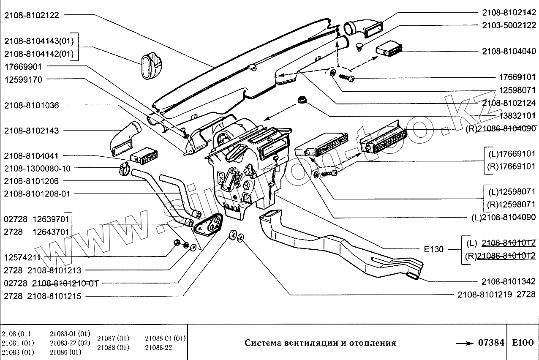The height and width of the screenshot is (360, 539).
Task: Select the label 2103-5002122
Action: tap(509, 25)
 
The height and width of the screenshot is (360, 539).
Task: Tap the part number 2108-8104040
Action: tap(509, 52)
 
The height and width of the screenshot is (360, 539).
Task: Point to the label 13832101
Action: tap(517, 116)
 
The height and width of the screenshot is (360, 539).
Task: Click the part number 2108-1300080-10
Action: tap(38, 168)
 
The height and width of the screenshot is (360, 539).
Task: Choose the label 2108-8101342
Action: tap(509, 281)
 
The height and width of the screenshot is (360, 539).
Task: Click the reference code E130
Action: tap(434, 249)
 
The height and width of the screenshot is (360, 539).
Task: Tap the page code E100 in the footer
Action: tap(523, 343)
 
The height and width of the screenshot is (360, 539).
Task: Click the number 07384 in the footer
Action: tap(492, 343)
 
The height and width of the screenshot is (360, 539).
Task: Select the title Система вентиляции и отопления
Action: tap(320, 343)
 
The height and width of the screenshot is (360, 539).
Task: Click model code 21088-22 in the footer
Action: tap(158, 347)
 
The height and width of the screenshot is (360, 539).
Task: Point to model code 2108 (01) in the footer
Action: tap(16, 333)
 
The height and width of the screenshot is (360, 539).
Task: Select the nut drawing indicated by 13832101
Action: tap(302, 100)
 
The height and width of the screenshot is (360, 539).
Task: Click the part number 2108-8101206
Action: tap(32, 181)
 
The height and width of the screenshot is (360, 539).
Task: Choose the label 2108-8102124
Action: tap(509, 103)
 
